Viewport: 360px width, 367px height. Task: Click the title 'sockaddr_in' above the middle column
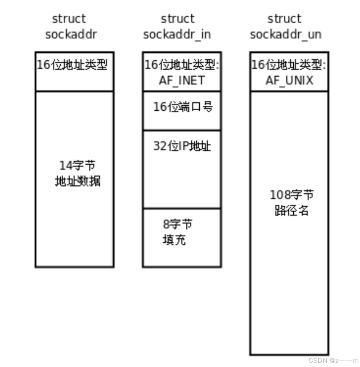point(177,35)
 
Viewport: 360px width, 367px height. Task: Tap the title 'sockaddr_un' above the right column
point(286,35)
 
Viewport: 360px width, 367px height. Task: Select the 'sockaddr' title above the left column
point(71,35)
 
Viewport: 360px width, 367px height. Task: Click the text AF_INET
point(182,80)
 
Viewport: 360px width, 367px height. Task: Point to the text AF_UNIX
point(289,80)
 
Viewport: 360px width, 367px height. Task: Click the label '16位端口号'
point(183,107)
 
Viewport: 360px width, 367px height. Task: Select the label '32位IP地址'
point(182,146)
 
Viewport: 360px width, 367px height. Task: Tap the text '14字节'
point(77,165)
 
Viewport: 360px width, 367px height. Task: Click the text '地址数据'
point(78,181)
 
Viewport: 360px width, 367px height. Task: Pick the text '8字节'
point(177,224)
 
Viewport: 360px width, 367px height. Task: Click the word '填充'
point(174,240)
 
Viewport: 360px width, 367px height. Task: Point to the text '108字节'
point(291,195)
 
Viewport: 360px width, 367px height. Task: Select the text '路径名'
point(291,211)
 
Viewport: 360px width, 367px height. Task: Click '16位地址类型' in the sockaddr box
point(72,65)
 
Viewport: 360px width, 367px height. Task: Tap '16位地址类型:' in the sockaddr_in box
point(182,65)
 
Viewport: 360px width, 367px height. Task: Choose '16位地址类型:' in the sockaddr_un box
point(289,65)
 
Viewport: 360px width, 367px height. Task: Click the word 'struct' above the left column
point(69,19)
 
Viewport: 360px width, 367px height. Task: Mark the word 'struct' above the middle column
point(177,19)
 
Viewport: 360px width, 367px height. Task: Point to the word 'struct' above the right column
point(284,19)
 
